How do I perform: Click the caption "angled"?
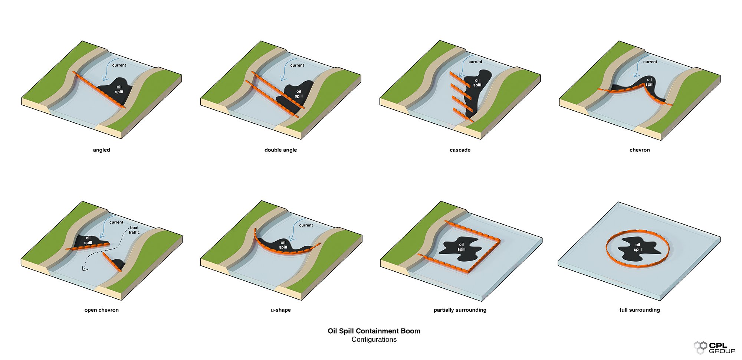[x=101, y=150]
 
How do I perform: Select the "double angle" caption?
[x=280, y=150]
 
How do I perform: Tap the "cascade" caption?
[x=460, y=150]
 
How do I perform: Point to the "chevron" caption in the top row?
[x=640, y=150]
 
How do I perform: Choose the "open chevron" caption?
[x=101, y=310]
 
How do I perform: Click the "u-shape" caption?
[x=280, y=310]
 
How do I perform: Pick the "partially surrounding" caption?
[x=460, y=310]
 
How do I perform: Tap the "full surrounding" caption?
[x=640, y=310]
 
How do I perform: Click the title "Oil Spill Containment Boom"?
[x=374, y=331]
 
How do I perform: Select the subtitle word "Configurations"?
[x=374, y=340]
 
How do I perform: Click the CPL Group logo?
[x=715, y=348]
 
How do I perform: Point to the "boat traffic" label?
[x=134, y=230]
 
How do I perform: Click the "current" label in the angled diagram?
[x=119, y=65]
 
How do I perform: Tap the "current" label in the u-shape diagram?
[x=306, y=225]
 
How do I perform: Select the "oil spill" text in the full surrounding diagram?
[x=637, y=247]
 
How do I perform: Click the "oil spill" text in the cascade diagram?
[x=477, y=83]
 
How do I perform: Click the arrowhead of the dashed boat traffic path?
[x=84, y=269]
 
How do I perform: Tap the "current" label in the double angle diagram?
[x=297, y=65]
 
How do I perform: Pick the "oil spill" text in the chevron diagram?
[x=649, y=82]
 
